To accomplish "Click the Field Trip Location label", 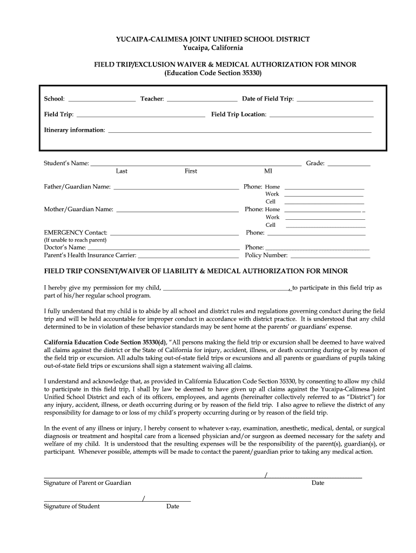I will [238, 114].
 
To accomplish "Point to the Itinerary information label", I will [75, 130].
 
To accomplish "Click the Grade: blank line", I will [349, 164].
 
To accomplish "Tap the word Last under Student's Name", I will [122, 171].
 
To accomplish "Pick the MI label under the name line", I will [268, 171].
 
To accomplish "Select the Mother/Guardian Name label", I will [78, 210].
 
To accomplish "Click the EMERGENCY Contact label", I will [76, 233].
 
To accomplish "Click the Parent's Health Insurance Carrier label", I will [90, 255].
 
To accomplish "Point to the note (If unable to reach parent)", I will [75, 240].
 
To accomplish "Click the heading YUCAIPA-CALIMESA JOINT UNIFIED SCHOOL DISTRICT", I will [213, 39].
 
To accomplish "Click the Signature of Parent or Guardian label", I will [87, 483].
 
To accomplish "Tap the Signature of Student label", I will [71, 507].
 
